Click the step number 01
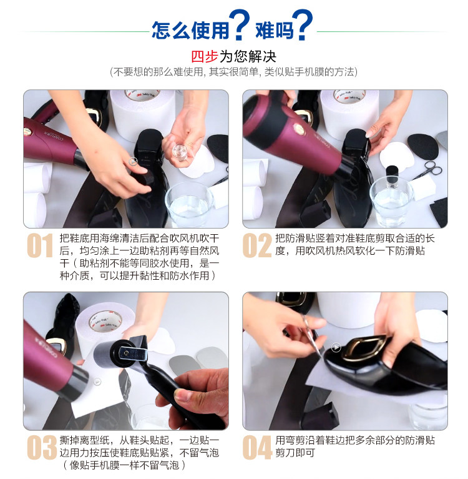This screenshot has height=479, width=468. click(40, 245)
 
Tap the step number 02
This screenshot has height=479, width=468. click(256, 245)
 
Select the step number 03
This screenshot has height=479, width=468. click(42, 448)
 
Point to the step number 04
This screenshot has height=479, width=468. click(257, 448)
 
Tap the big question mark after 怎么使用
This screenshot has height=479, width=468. click(239, 24)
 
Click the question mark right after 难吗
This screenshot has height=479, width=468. click(302, 24)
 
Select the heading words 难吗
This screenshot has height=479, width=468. click(274, 30)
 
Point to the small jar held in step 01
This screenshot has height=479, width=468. click(180, 152)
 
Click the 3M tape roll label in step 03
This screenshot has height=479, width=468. click(105, 321)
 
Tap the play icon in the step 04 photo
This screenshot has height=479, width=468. click(336, 347)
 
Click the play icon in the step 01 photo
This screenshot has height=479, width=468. click(133, 162)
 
